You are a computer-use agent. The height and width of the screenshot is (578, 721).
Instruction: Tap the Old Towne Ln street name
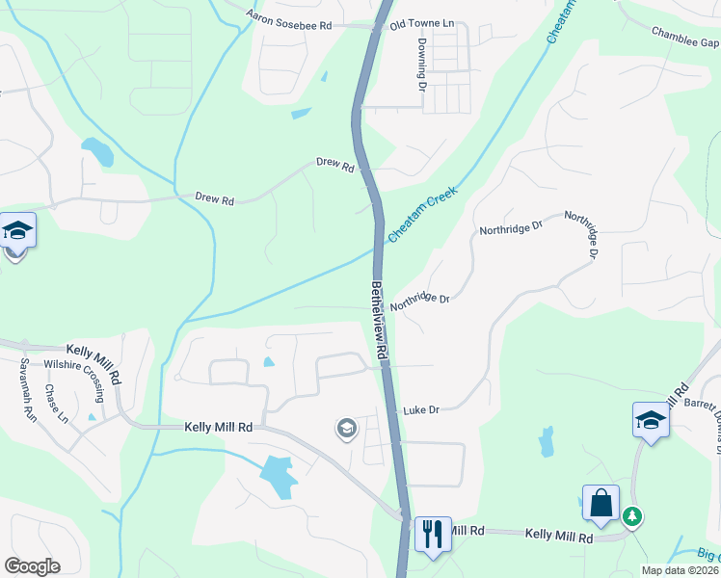[x=421, y=22]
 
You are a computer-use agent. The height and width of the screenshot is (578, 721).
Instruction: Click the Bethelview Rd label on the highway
[x=380, y=322]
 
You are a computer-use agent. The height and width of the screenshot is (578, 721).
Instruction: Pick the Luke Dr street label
[x=421, y=409]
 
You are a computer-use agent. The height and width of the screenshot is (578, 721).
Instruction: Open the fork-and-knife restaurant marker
[x=431, y=531]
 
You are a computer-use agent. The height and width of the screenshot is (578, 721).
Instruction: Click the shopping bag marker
[x=601, y=503]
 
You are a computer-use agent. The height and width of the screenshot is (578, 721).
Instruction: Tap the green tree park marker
[x=632, y=516]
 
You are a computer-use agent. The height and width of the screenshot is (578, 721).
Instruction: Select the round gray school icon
[x=346, y=429]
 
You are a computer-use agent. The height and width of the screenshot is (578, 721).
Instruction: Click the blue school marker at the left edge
[x=17, y=231]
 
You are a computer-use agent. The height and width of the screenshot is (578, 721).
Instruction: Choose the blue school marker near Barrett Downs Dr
[x=651, y=420]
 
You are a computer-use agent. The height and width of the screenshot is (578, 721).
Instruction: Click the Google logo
[x=33, y=566]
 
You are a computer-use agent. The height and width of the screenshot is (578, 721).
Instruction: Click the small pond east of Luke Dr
[x=547, y=441]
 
